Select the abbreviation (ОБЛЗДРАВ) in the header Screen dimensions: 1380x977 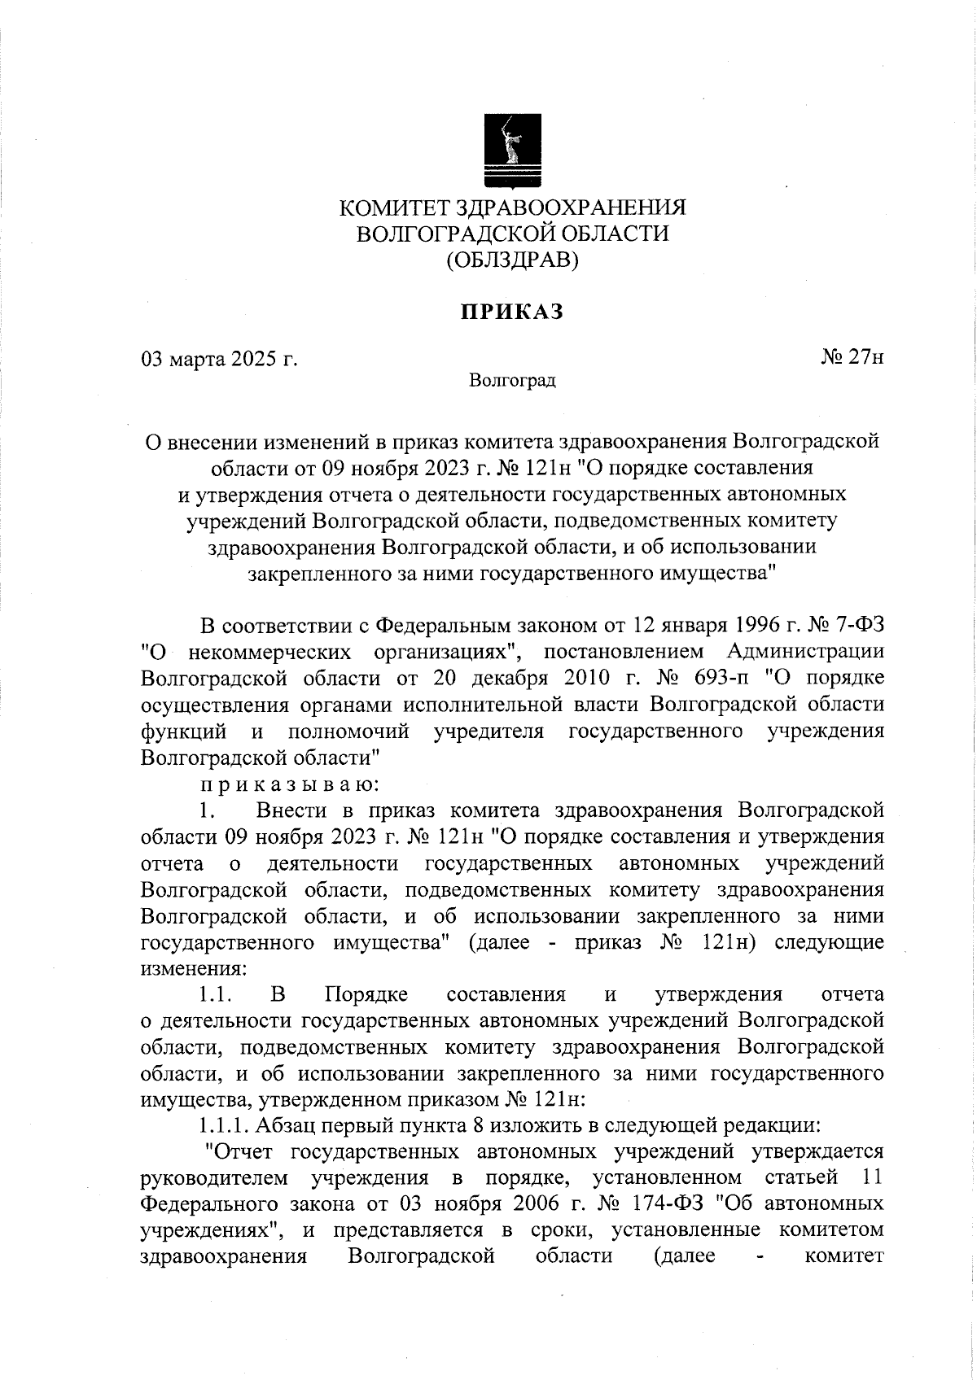(512, 260)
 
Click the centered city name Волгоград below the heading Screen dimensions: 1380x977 (512, 380)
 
